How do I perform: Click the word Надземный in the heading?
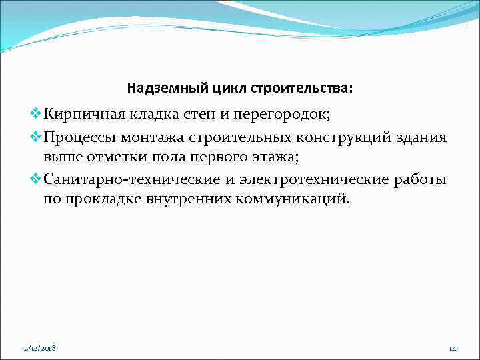pyautogui.click(x=157, y=88)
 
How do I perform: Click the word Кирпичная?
pyautogui.click(x=81, y=114)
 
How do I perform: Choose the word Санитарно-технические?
pyautogui.click(x=127, y=181)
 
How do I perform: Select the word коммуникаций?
pyautogui.click(x=291, y=199)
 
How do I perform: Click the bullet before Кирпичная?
pyautogui.click(x=37, y=114)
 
